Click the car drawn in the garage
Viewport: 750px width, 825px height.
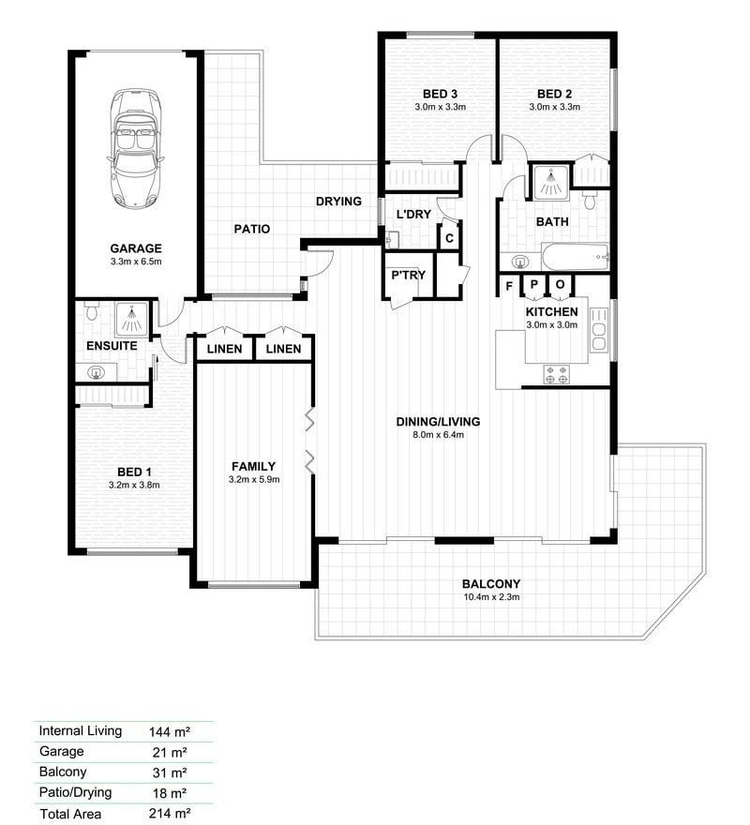pyautogui.click(x=135, y=148)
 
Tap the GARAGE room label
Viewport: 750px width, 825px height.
pyautogui.click(x=135, y=248)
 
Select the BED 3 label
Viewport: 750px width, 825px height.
pyautogui.click(x=440, y=94)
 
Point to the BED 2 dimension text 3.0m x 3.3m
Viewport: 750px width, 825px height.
pyautogui.click(x=554, y=107)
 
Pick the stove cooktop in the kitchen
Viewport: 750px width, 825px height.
pyautogui.click(x=557, y=374)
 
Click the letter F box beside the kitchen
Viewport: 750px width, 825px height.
pyautogui.click(x=509, y=285)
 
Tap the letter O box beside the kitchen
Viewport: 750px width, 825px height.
pyautogui.click(x=560, y=285)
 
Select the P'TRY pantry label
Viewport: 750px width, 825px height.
pyautogui.click(x=409, y=275)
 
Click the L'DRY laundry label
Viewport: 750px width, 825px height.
pyautogui.click(x=413, y=215)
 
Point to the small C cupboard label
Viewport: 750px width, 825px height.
pyautogui.click(x=450, y=238)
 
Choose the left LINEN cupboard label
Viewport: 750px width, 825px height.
pyautogui.click(x=225, y=349)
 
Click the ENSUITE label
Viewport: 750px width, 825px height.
pyautogui.click(x=112, y=346)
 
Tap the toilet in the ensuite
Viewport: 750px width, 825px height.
pyautogui.click(x=92, y=313)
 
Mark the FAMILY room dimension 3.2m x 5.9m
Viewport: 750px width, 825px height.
pyautogui.click(x=253, y=479)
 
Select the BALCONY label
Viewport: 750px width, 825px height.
pyautogui.click(x=490, y=583)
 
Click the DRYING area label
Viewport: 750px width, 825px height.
pyautogui.click(x=338, y=202)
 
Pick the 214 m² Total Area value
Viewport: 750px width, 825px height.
pyautogui.click(x=170, y=814)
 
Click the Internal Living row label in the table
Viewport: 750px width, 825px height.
pyautogui.click(x=80, y=730)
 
